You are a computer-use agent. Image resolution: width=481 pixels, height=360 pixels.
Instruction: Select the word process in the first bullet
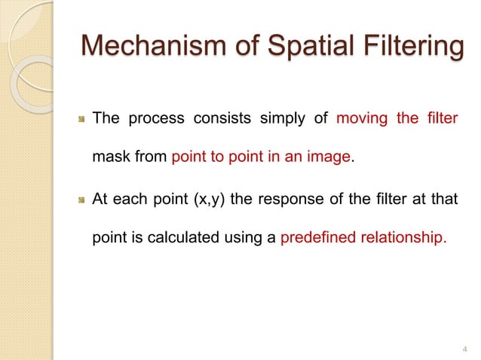point(153,120)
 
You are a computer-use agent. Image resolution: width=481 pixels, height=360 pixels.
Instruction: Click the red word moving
point(360,119)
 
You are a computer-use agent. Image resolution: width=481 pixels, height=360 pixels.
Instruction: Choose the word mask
point(108,159)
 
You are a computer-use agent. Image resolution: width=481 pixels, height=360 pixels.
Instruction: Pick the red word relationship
point(402,241)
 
